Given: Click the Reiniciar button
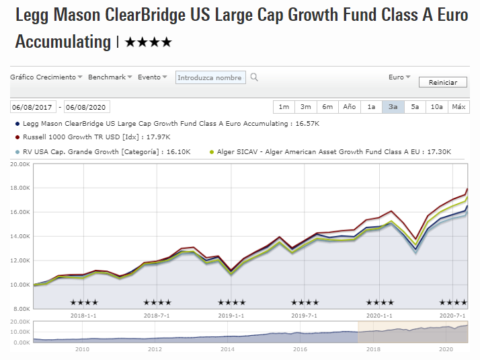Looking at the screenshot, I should click(x=442, y=82).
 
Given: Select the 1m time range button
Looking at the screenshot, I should click(x=284, y=107).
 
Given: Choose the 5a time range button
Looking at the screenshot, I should click(x=415, y=107).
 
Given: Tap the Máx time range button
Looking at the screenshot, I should click(x=458, y=107).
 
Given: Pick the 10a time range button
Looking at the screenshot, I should click(x=436, y=107).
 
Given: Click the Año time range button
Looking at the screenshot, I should click(x=349, y=107).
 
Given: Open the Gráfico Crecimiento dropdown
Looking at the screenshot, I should click(x=46, y=77).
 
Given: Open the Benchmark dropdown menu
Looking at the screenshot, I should click(x=110, y=77).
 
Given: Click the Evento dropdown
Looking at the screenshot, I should click(x=152, y=77).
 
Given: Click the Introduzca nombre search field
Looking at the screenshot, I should click(x=210, y=77).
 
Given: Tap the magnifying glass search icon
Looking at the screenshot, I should click(x=254, y=77).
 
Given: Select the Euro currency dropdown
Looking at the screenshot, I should click(x=399, y=77).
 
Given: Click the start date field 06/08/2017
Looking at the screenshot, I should click(x=32, y=107).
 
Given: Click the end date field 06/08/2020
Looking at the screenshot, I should click(x=86, y=107).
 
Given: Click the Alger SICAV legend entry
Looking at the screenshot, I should click(x=333, y=152).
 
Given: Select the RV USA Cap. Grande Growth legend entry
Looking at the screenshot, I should click(x=101, y=152).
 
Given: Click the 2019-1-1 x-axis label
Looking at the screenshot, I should click(x=231, y=315).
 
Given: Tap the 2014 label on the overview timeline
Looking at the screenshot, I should click(x=228, y=349).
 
